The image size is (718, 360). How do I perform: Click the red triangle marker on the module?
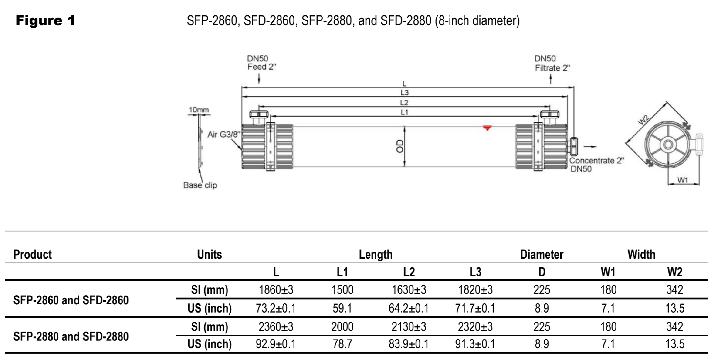[x=487, y=129]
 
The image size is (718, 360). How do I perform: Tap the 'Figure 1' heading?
[x=46, y=21]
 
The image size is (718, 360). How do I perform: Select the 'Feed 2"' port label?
[x=262, y=67]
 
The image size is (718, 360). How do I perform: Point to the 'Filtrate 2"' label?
[x=552, y=68]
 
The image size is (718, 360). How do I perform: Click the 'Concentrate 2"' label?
[x=596, y=161]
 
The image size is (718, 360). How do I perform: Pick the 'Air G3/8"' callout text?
[x=224, y=134]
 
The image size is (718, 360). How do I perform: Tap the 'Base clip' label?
[x=200, y=185]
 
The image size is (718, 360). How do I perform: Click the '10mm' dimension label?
[x=199, y=110]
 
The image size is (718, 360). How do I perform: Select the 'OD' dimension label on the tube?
[x=400, y=146]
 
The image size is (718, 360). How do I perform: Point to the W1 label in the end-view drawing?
[x=682, y=180]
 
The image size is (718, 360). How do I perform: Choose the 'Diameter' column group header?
[x=541, y=254]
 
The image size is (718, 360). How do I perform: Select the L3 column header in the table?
[x=475, y=272]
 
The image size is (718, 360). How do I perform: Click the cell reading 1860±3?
[x=276, y=290]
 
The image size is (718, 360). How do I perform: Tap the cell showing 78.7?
[x=342, y=344]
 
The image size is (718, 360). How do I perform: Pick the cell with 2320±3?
[x=475, y=327]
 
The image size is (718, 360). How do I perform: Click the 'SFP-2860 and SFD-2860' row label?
[x=71, y=300]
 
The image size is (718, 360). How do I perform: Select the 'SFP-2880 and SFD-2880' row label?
[x=71, y=336]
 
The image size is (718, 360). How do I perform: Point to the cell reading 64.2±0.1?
[x=409, y=308]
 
